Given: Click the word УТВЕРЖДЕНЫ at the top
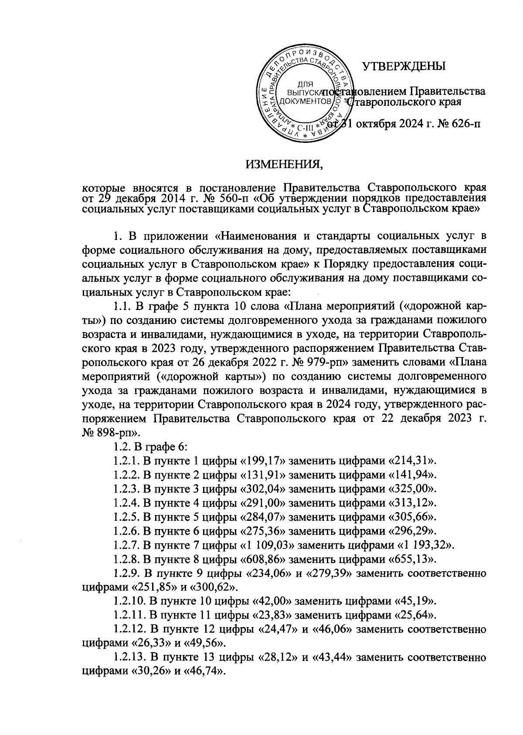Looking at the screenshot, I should (404, 66).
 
